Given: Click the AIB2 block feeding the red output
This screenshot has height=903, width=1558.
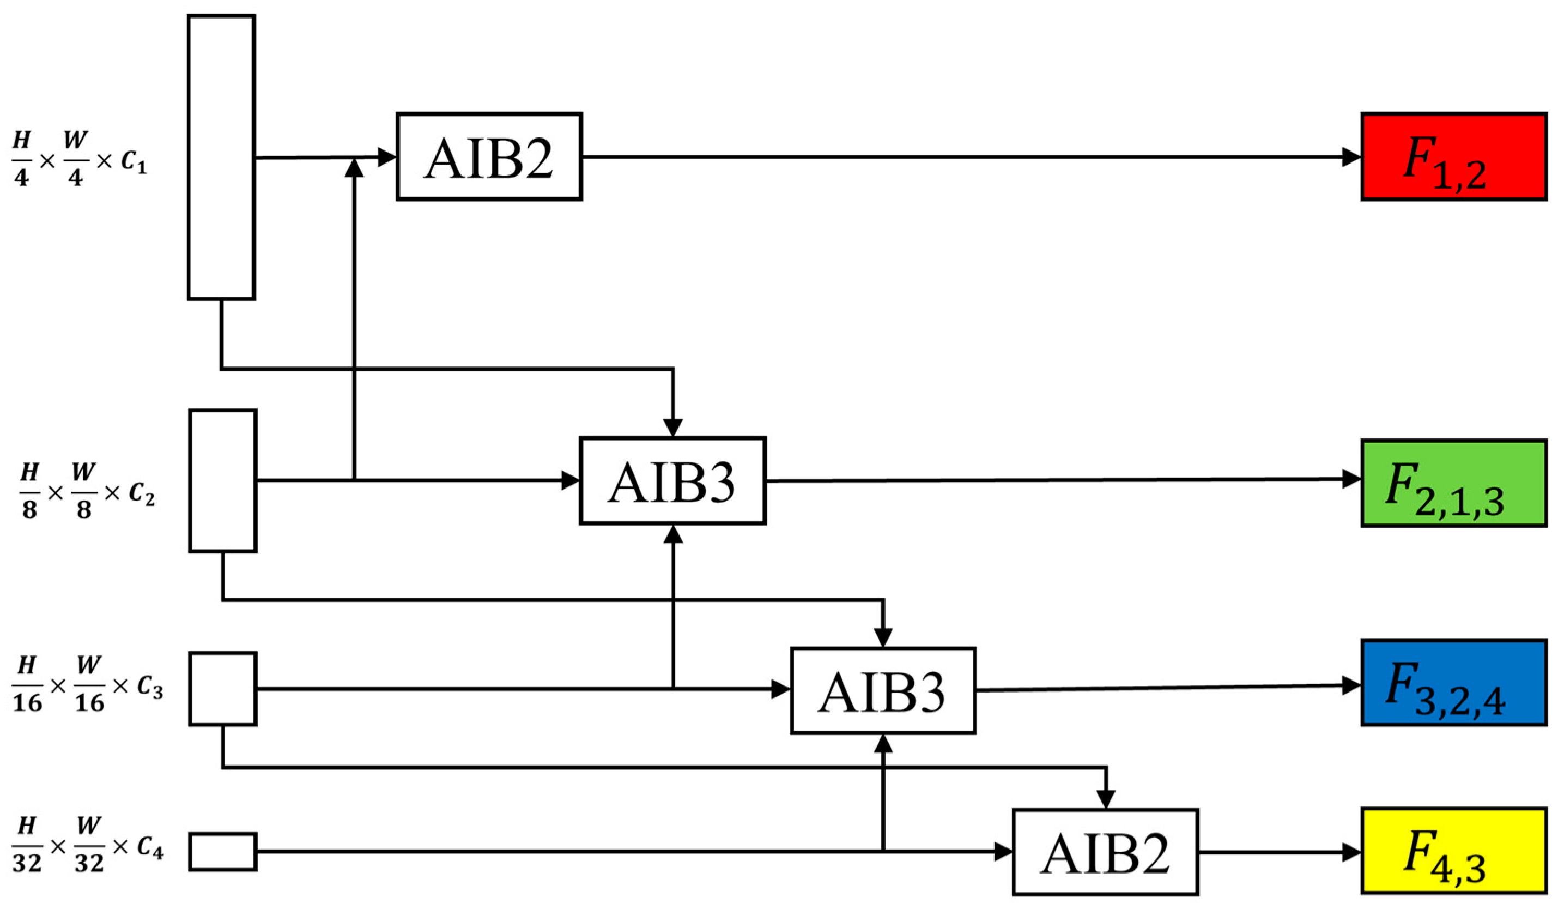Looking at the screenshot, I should coord(489,156).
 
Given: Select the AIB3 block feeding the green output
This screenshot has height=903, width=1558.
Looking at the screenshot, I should coord(672,480).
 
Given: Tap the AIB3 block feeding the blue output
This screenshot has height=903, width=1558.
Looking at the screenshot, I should coord(883,690).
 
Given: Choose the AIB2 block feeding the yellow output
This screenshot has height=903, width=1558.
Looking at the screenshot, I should coord(1106,852).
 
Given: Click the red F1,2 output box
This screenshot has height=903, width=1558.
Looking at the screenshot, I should coord(1453,156).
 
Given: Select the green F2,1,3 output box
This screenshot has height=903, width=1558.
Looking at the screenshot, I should coord(1453,483).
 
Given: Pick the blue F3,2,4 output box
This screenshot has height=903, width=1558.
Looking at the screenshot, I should coord(1453,683).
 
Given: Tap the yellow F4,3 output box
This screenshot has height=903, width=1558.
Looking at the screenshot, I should coord(1453,851).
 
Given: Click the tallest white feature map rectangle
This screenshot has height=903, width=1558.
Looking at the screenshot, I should coord(221,157).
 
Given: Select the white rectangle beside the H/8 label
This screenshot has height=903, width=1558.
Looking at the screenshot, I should coord(222,480).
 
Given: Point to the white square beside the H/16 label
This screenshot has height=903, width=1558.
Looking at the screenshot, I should coord(222,688).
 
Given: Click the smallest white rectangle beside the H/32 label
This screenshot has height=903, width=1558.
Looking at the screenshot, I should coord(222,852).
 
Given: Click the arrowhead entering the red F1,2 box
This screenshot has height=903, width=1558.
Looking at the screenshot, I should coord(1353,157).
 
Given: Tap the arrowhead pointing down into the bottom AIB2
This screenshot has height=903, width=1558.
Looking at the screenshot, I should coord(1106,800).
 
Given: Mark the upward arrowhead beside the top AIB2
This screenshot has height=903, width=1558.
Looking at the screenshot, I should coord(354,167).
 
